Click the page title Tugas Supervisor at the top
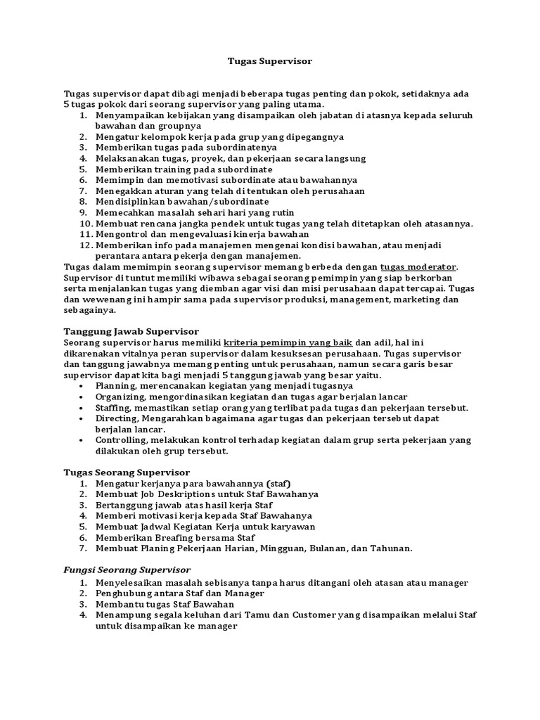click(270, 61)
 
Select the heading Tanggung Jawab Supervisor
click(131, 331)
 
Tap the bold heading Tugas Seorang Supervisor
click(127, 472)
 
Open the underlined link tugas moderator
click(418, 266)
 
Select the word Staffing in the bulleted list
click(114, 408)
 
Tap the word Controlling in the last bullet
click(120, 440)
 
